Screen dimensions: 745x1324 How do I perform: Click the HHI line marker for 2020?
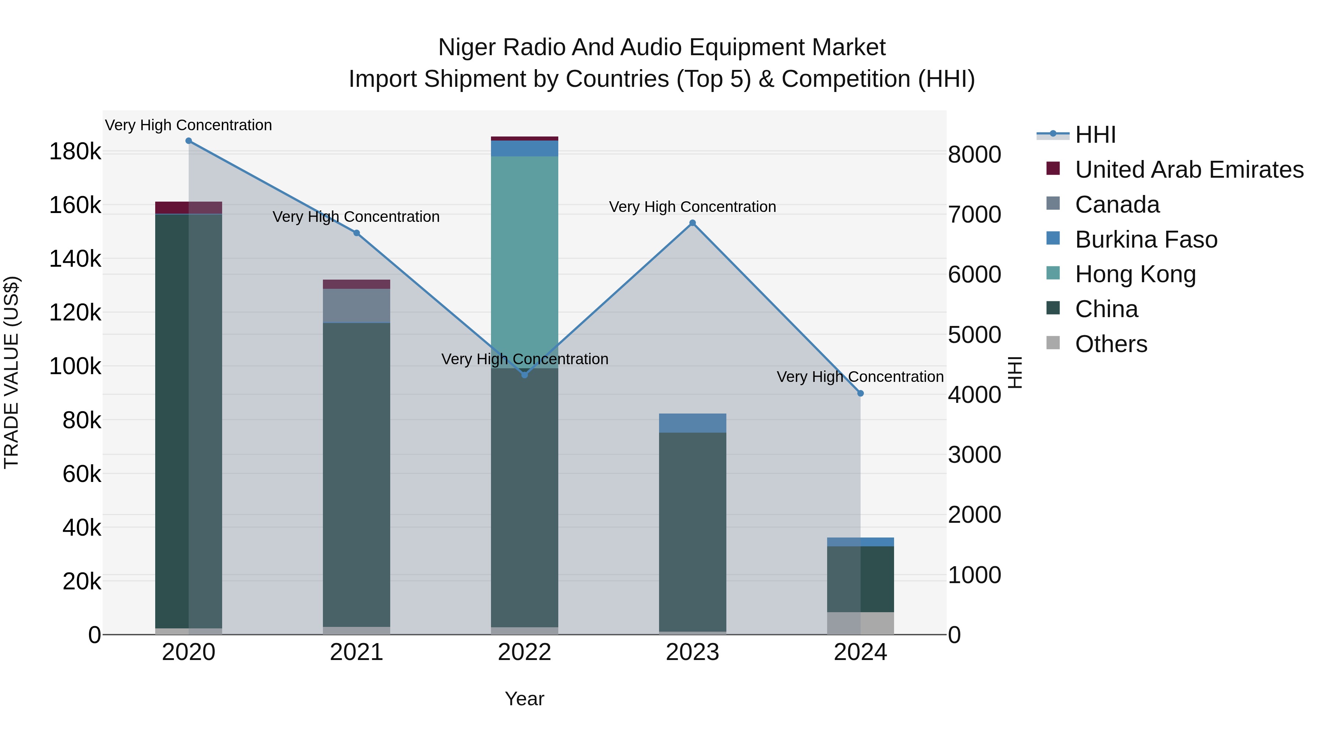coord(189,141)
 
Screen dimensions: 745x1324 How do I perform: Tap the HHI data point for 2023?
coord(692,223)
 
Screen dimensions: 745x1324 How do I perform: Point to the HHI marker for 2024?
coord(860,393)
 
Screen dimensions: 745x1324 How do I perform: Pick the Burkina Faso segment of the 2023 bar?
coord(692,423)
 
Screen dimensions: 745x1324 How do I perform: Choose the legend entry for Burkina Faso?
coord(1146,240)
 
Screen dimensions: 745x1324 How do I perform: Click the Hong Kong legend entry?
coord(1135,274)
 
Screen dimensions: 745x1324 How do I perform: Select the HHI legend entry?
coord(1095,135)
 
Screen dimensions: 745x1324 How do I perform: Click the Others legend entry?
coord(1111,344)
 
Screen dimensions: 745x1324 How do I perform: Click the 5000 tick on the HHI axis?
coord(974,335)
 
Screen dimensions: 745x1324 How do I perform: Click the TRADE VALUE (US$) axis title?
coord(12,372)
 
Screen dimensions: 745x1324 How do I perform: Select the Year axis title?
coord(524,699)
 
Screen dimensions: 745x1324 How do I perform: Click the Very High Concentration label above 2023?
coord(692,207)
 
